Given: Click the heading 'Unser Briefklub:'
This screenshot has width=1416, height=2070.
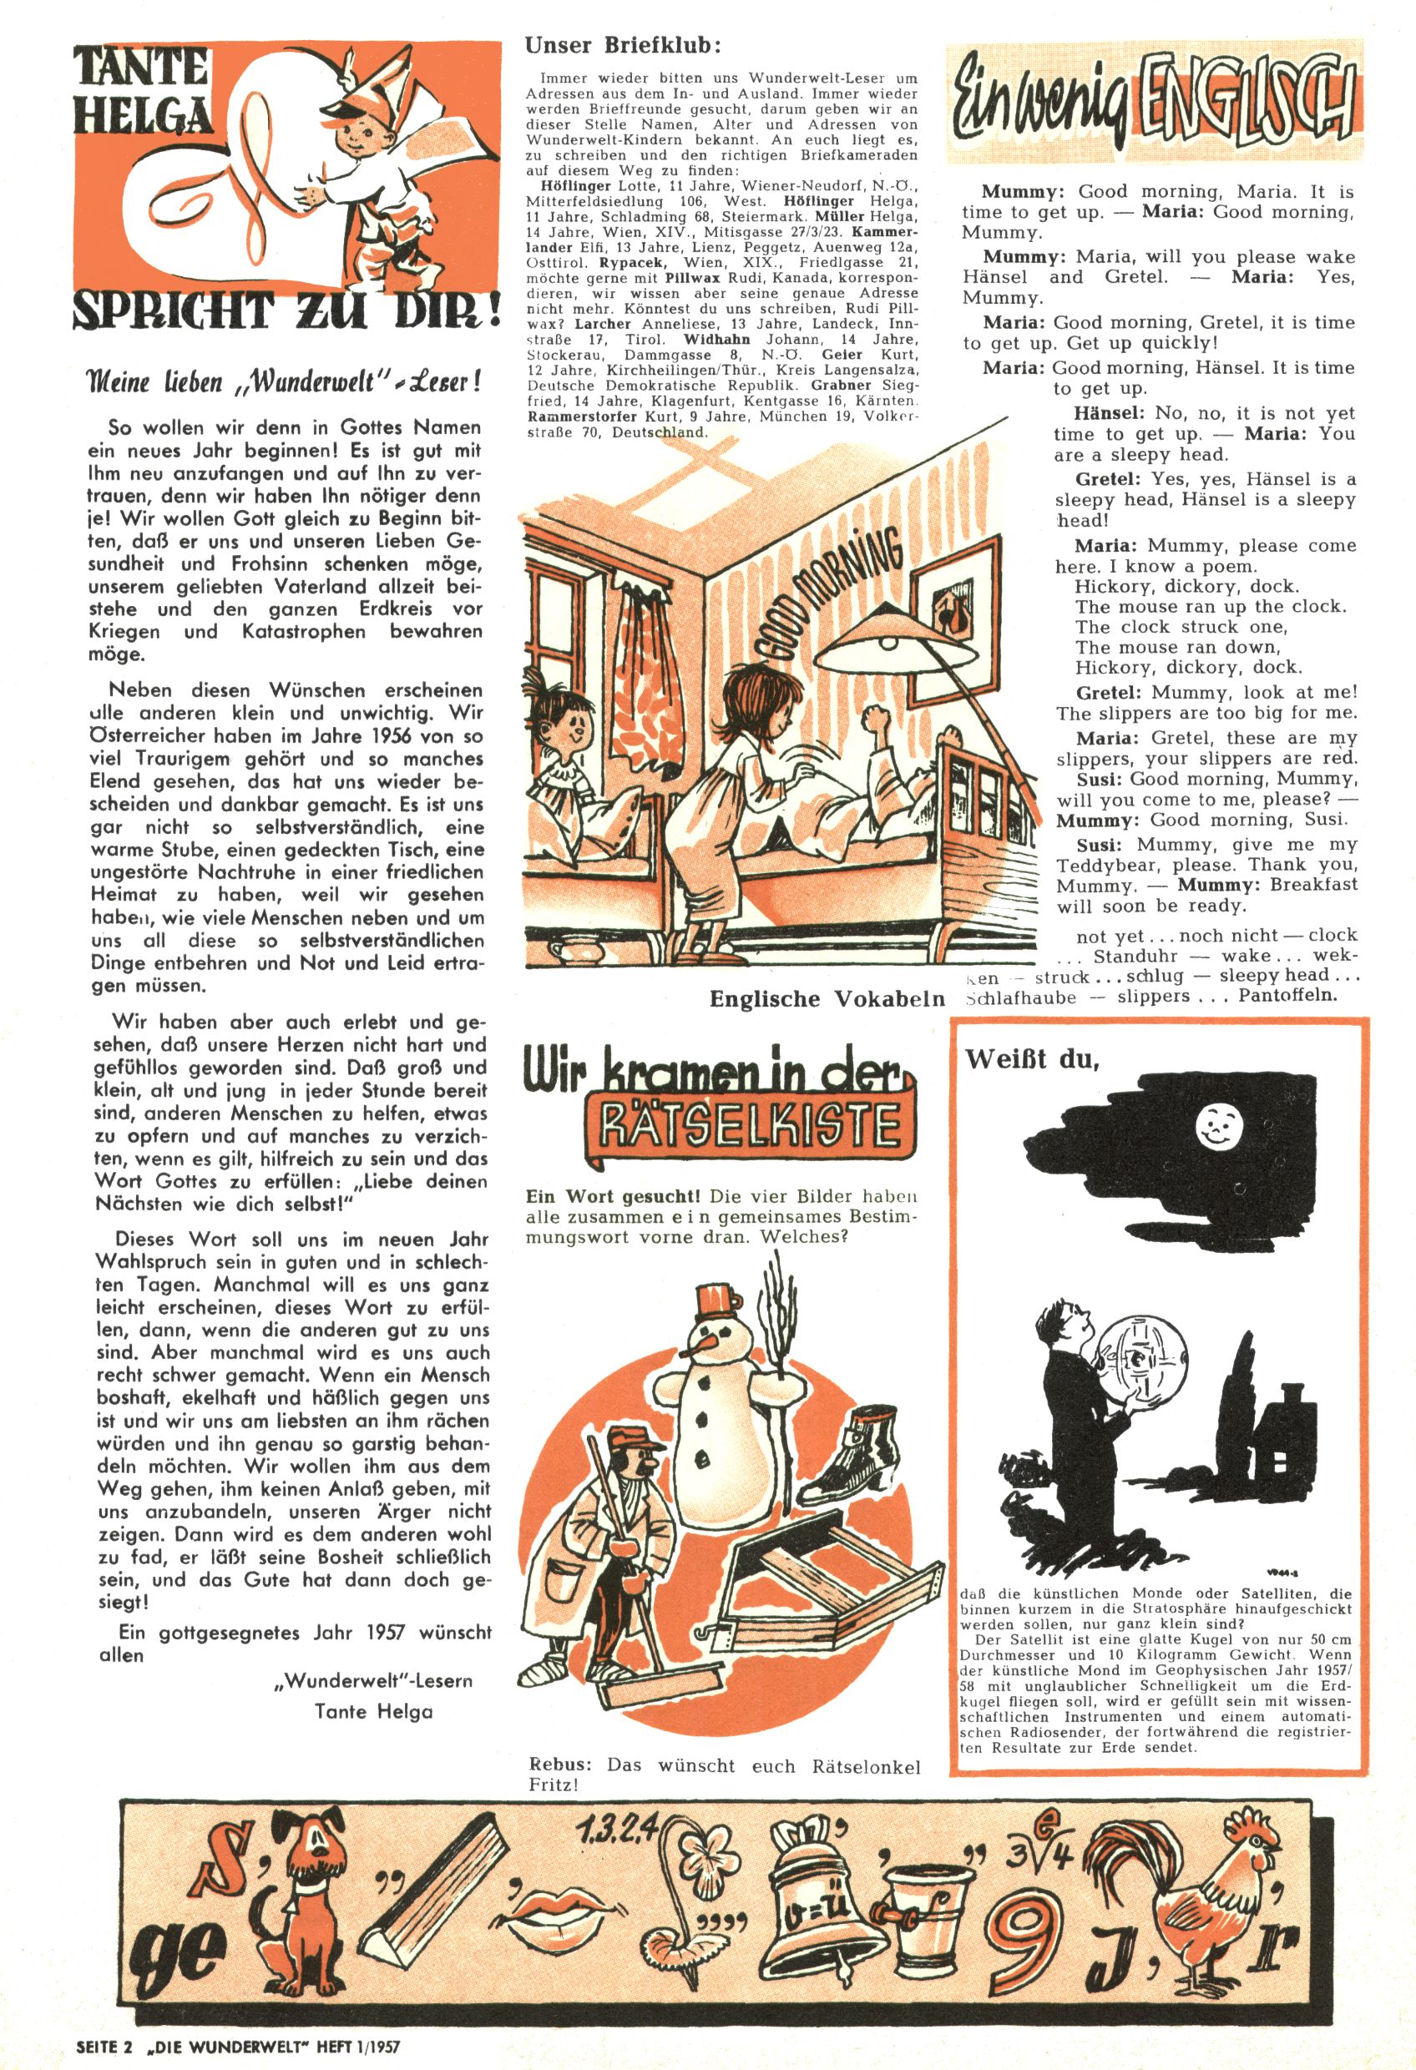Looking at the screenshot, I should (623, 45).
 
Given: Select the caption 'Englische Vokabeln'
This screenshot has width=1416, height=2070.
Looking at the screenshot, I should (826, 998).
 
